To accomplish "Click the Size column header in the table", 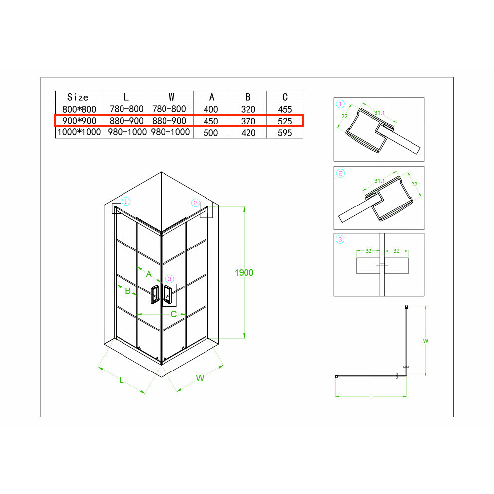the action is pos(78,97).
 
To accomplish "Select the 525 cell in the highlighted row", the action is pos(285,121).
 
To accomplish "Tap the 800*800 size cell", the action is pos(79,109).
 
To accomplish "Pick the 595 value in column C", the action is pos(285,133).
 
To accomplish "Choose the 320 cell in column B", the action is pos(248,109).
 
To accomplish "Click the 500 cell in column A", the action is pos(211,133).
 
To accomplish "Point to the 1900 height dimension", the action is pos(244,273).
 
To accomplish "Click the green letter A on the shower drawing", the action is pos(149,274).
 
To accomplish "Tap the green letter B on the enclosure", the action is pos(128,291).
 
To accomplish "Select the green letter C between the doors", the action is pos(173,314).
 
